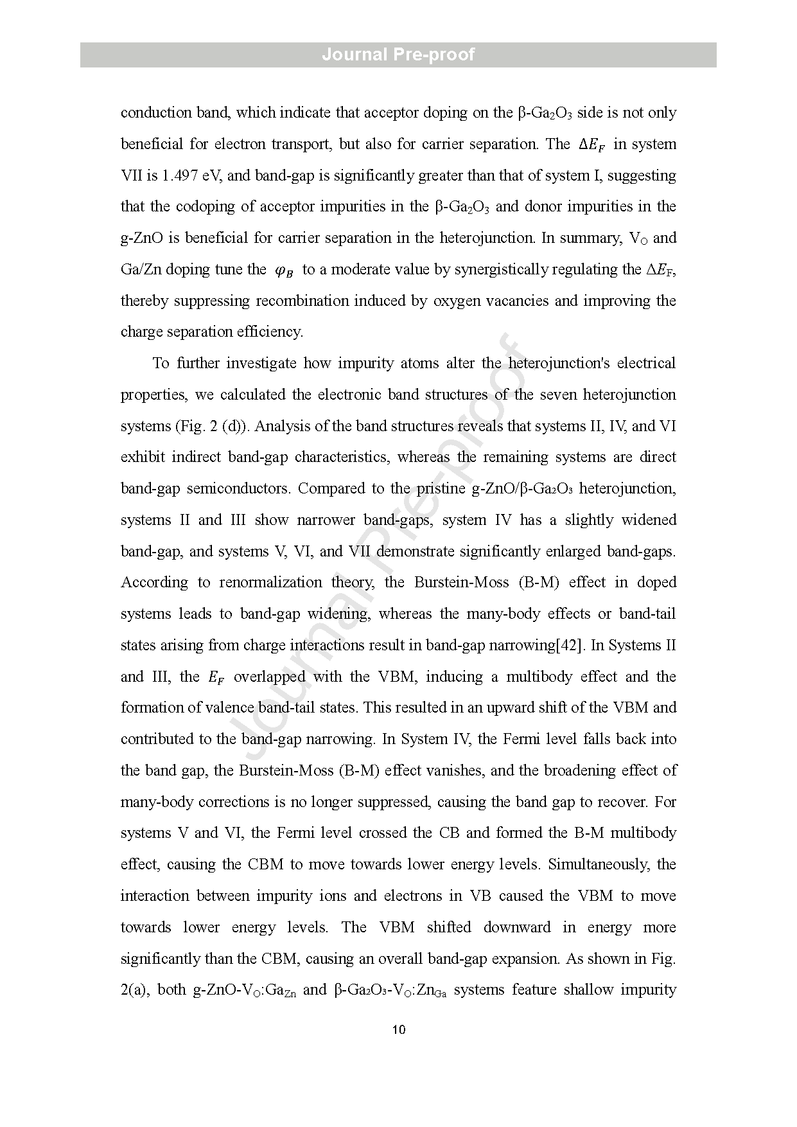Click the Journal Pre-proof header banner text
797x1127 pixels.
tap(398, 55)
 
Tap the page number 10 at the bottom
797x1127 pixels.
tap(398, 1030)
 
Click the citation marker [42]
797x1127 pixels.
tap(569, 645)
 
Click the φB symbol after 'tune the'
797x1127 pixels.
tap(284, 271)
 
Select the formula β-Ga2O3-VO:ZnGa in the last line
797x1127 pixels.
tap(390, 990)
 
